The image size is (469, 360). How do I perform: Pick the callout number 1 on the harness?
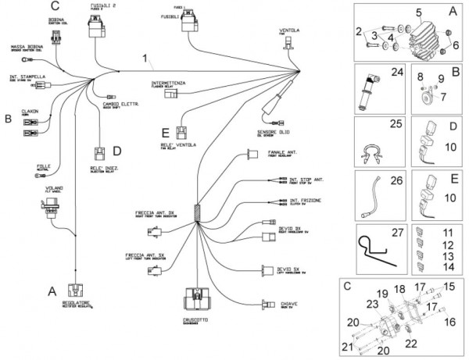pos(145,58)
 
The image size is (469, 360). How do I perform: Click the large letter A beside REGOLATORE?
pos(53,289)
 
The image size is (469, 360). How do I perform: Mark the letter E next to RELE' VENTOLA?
pos(164,131)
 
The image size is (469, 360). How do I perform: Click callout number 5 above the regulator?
pos(419,12)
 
